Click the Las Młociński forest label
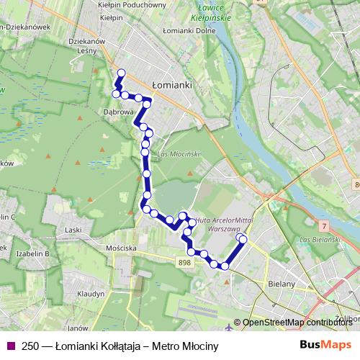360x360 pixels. click(x=178, y=154)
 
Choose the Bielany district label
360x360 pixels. click(x=282, y=284)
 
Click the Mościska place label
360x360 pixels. click(x=121, y=248)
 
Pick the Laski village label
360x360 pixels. click(x=73, y=230)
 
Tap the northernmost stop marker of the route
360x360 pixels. click(x=121, y=72)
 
